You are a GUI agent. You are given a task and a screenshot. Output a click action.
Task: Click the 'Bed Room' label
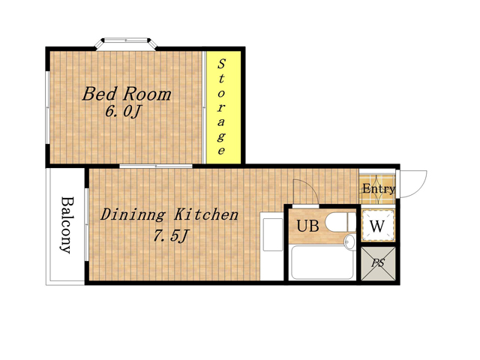[127, 94]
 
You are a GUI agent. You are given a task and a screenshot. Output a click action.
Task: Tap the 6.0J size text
[122, 112]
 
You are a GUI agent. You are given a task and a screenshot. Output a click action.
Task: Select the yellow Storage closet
[223, 107]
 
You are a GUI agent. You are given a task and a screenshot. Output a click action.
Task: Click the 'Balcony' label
[67, 225]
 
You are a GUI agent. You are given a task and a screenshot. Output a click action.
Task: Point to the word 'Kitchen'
[206, 214]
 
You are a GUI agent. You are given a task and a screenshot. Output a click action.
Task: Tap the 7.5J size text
[170, 235]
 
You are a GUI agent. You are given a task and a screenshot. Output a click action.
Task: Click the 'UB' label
[307, 226]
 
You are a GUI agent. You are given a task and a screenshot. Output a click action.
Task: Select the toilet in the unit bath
[340, 222]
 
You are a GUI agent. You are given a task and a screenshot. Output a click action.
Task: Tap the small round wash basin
[349, 241]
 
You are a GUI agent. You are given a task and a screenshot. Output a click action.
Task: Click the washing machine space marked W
[378, 226]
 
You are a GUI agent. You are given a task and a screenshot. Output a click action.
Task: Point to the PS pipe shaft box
[378, 263]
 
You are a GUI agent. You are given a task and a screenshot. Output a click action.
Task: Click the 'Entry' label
[378, 189]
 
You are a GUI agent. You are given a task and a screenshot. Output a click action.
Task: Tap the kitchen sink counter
[271, 246]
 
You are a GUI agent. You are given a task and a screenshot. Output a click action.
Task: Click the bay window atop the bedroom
[125, 43]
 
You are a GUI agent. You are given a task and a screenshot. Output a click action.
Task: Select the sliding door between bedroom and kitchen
[156, 166]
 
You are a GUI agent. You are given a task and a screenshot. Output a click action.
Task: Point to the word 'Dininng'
[133, 215]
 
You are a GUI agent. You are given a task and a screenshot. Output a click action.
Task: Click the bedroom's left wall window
[47, 107]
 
